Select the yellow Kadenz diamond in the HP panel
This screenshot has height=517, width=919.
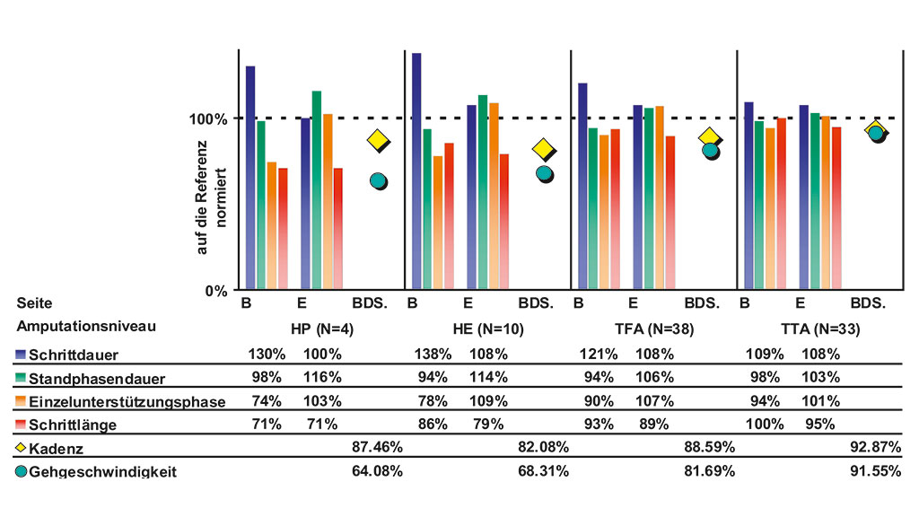(x=377, y=139)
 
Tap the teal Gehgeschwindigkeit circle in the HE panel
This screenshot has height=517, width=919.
(x=544, y=173)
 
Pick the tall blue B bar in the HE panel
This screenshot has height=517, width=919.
(x=416, y=171)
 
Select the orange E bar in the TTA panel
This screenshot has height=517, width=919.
(x=825, y=203)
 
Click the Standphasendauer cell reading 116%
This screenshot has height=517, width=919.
(x=322, y=377)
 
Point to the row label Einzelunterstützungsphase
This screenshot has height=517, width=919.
(x=127, y=401)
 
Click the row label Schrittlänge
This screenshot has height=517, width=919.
(x=73, y=425)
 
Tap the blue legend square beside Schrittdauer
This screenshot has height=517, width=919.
(x=21, y=354)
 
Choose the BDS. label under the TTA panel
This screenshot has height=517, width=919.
(x=869, y=303)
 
